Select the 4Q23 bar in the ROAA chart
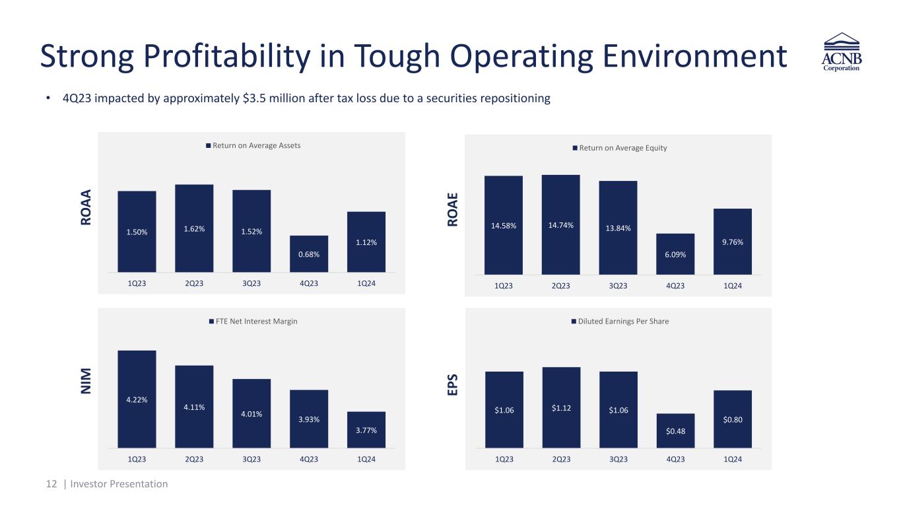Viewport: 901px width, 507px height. (308, 253)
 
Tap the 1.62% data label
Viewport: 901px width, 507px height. (194, 229)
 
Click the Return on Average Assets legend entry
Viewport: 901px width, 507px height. (253, 145)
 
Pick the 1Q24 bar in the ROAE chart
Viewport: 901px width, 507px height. (733, 241)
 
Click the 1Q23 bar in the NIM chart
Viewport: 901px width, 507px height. (137, 399)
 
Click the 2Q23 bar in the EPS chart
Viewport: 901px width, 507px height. (561, 407)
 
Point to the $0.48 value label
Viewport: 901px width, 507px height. (675, 432)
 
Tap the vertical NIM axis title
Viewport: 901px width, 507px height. (86, 382)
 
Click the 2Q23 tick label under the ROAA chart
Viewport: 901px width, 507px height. (194, 283)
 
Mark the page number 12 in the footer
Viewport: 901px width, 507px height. (51, 484)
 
